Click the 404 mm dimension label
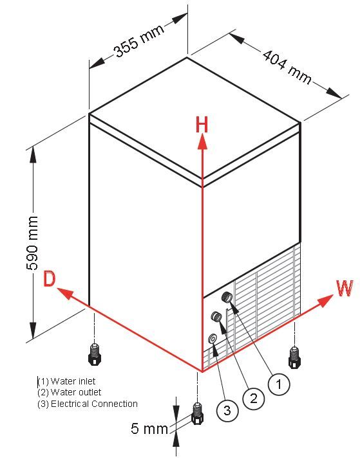point(287,67)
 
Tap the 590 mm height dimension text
point(32,243)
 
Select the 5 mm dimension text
point(149,429)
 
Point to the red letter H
point(202,125)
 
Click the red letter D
point(50,279)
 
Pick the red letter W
point(345,288)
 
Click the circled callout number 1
point(279,384)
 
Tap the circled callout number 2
point(253,398)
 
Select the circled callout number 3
point(227,410)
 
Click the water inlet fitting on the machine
point(227,297)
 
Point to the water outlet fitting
point(216,316)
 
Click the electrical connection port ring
point(213,338)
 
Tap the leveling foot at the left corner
point(95,354)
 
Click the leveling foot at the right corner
point(294,357)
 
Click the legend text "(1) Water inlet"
point(67,381)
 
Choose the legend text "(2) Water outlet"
point(70,393)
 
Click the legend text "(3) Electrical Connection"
point(88,404)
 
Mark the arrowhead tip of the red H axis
point(203,134)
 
